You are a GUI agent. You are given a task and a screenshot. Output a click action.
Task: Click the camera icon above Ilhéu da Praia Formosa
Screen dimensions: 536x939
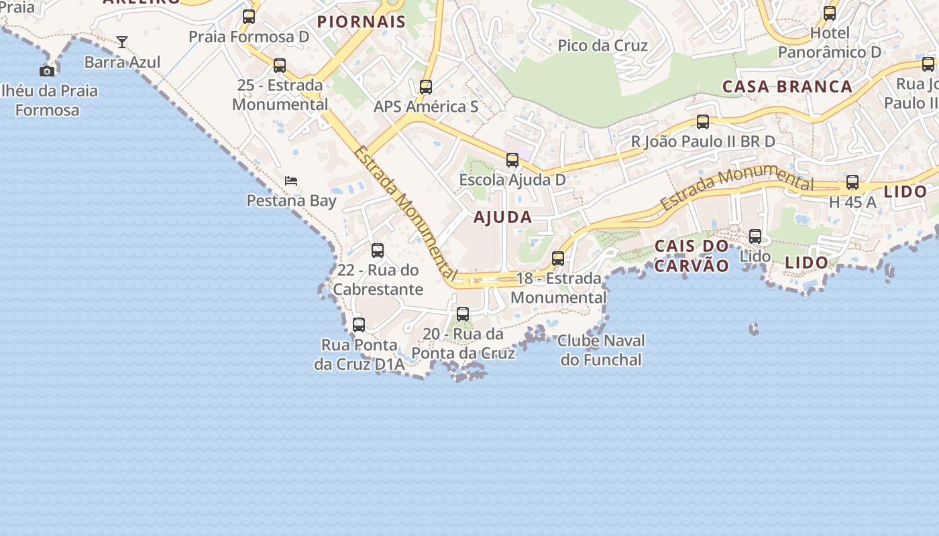47,71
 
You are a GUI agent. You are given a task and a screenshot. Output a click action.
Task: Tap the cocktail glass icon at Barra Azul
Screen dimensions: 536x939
122,42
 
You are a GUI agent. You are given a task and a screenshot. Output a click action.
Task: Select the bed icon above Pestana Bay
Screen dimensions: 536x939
291,181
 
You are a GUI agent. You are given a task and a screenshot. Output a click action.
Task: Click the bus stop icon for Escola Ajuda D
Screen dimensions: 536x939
512,160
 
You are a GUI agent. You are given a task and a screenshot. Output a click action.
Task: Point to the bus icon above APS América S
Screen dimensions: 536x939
426,87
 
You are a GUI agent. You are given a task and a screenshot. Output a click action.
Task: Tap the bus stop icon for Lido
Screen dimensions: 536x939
755,237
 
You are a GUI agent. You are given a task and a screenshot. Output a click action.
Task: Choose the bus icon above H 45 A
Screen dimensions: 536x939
852,182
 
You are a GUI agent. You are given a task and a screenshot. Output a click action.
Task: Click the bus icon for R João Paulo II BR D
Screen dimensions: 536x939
703,122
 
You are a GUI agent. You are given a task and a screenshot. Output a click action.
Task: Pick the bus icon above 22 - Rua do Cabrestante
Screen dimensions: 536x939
378,251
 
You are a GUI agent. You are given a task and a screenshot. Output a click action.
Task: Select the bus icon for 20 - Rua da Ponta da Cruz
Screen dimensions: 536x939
463,314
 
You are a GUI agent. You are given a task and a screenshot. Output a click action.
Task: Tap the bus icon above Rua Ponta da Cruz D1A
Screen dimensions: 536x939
359,325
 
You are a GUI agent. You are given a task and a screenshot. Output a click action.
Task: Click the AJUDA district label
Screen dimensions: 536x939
503,217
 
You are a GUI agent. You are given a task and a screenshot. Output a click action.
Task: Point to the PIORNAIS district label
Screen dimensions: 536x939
362,21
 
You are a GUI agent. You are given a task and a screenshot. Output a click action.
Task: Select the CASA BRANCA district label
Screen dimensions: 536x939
787,86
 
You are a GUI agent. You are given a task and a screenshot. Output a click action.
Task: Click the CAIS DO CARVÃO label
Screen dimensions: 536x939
692,256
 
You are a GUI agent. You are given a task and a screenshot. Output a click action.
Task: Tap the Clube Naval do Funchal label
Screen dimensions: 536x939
602,350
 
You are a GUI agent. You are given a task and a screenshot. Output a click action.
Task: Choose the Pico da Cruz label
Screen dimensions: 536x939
603,46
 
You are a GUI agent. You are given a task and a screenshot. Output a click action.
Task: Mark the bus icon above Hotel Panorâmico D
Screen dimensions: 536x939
830,13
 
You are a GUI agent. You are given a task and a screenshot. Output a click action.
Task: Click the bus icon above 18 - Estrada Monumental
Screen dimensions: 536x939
558,259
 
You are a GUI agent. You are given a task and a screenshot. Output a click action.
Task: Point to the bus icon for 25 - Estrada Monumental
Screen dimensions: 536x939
280,66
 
